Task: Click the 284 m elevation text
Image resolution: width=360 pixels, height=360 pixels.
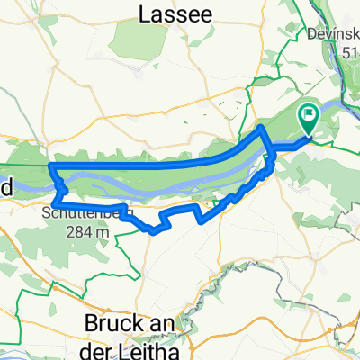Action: [87, 230]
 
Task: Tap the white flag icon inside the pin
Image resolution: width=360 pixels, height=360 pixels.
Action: [309, 114]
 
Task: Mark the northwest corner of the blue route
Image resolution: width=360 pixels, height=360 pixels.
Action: [51, 167]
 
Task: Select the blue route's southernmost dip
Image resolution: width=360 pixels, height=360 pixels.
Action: [159, 230]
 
